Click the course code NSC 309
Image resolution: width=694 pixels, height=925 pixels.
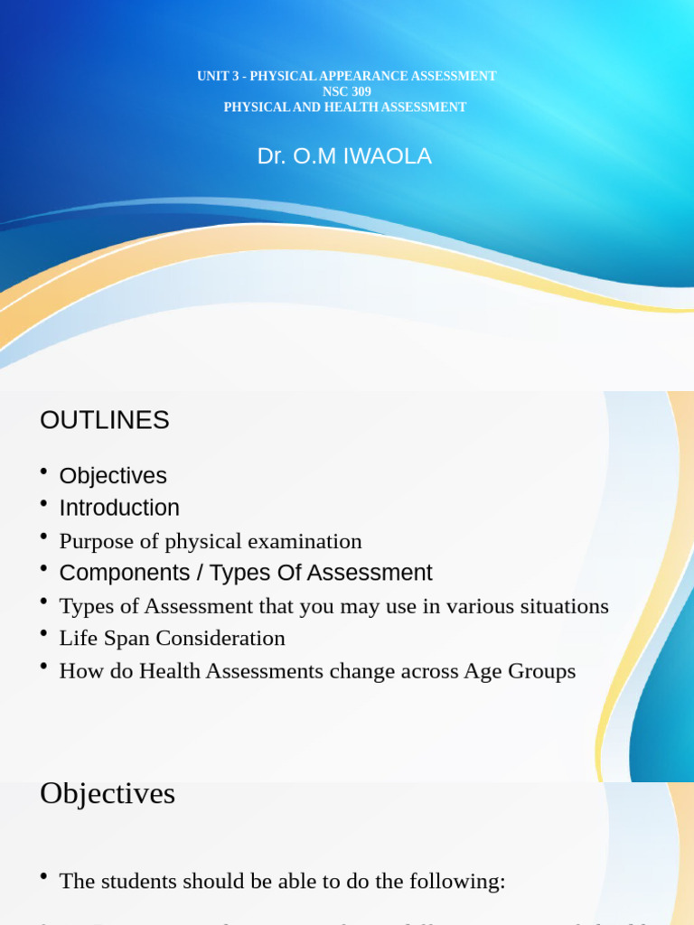(x=346, y=91)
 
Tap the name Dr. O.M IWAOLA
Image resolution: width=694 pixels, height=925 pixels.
(x=344, y=156)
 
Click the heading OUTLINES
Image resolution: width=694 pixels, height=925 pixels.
(x=105, y=420)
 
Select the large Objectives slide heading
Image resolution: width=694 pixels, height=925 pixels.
(x=108, y=793)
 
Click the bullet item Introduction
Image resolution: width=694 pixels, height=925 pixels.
(x=119, y=508)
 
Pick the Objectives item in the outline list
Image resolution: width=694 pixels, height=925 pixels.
(x=113, y=475)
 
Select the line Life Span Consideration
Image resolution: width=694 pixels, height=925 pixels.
(x=172, y=638)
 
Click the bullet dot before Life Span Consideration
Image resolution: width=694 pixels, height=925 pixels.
(x=43, y=634)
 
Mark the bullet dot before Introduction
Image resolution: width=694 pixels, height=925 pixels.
(x=43, y=503)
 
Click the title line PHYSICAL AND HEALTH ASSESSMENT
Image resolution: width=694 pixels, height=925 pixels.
(x=345, y=107)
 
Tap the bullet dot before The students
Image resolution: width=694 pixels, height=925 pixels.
(x=43, y=877)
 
